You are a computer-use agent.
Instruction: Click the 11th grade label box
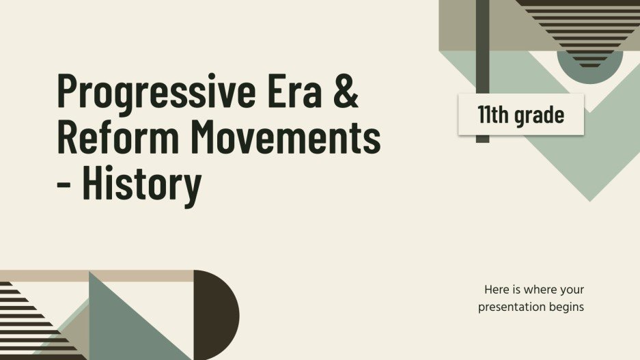(x=520, y=115)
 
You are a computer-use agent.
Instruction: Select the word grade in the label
(x=539, y=115)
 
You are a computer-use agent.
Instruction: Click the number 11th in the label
(x=492, y=115)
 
